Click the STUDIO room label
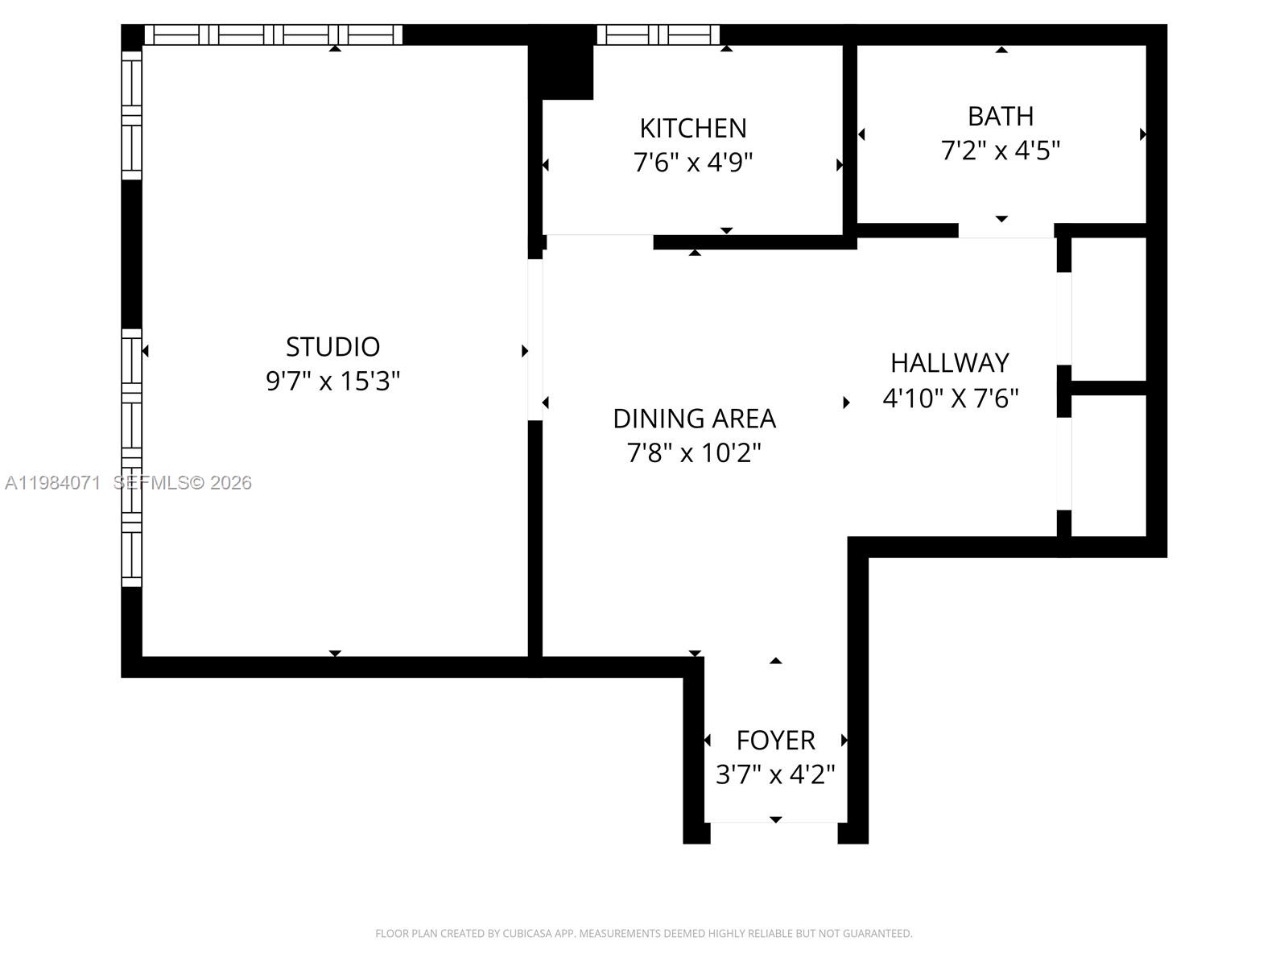332,346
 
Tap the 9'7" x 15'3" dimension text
332,381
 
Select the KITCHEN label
693,128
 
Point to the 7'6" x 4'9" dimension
693,163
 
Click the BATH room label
1001,116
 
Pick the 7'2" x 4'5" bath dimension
1001,151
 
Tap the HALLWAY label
950,363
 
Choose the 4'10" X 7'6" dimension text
951,398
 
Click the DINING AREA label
694,419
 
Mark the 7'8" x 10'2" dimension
694,453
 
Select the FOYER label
775,740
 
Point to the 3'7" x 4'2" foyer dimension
775,774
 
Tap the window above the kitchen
658,35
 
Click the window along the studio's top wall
273,35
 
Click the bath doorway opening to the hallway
1005,230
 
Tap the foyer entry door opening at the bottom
774,823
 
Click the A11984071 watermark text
53,483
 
